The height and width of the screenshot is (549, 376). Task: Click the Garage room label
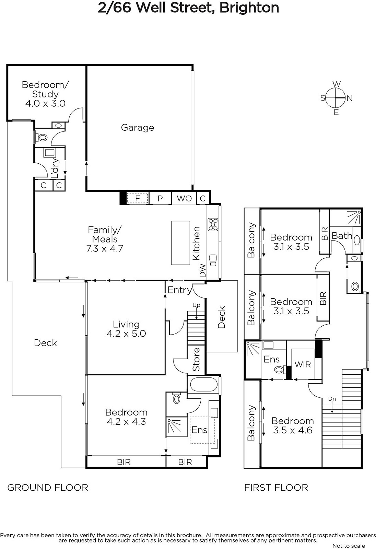tap(138, 128)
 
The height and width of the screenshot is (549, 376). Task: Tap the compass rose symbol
tap(337, 98)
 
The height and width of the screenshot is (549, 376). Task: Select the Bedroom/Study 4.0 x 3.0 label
tap(45, 94)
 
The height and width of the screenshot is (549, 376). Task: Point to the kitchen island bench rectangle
tap(180, 243)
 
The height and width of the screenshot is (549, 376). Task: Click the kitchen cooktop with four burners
tap(213, 224)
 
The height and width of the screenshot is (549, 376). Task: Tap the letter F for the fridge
tap(138, 198)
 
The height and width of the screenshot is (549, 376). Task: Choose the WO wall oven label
tap(184, 198)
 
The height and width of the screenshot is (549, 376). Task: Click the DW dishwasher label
tap(203, 270)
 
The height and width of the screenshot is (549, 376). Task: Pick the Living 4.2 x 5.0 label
tap(126, 329)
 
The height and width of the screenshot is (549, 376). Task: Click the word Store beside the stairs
tap(196, 359)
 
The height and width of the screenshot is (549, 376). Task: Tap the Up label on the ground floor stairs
tap(196, 305)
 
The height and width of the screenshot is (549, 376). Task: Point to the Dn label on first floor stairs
tap(332, 399)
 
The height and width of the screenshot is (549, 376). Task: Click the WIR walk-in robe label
tap(303, 364)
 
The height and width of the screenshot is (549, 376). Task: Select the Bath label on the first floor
tap(342, 236)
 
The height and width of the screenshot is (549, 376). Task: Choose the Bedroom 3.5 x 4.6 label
tap(293, 425)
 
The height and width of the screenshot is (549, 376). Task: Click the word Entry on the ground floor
tap(180, 290)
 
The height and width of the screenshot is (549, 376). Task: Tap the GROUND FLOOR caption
tap(48, 488)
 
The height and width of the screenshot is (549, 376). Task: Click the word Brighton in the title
tap(249, 8)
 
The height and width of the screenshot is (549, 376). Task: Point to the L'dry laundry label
tap(55, 168)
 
